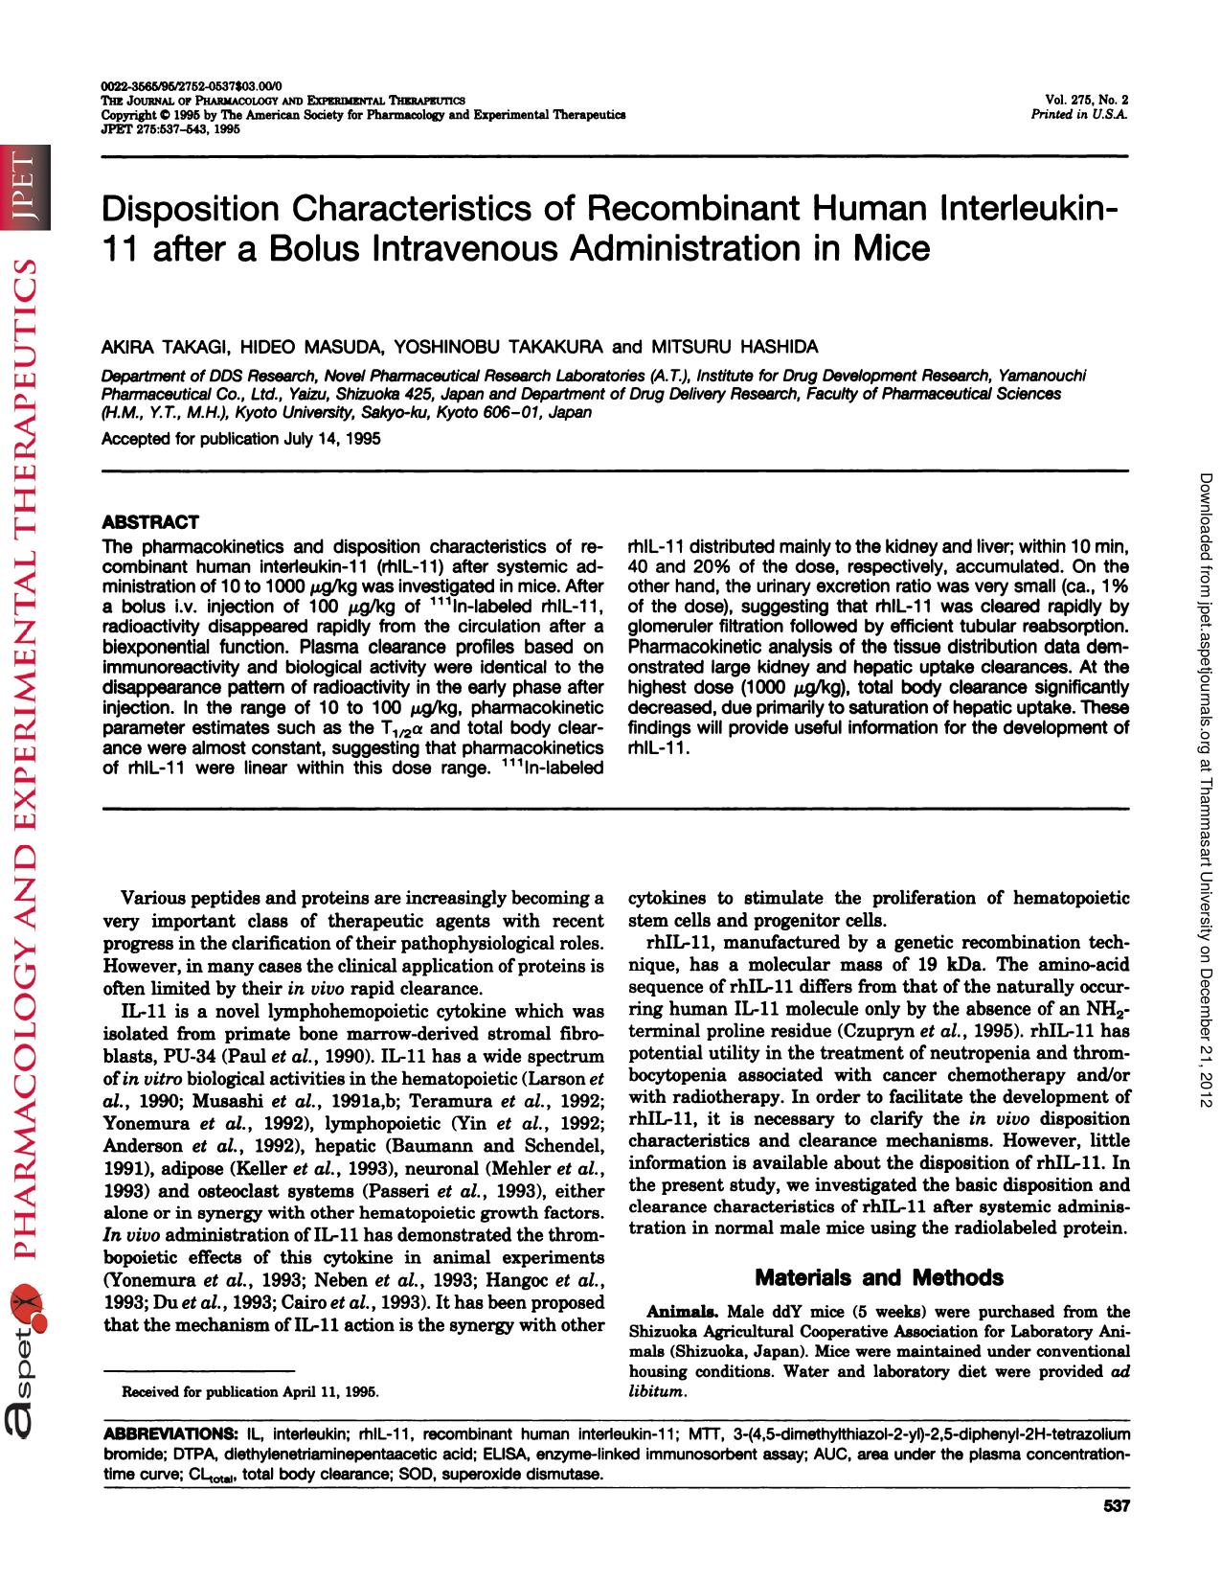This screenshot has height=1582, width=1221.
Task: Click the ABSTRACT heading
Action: pyautogui.click(x=150, y=522)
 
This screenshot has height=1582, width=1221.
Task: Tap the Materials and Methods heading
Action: pyautogui.click(x=878, y=1277)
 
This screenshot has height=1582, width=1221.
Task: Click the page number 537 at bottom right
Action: pyautogui.click(x=1117, y=1506)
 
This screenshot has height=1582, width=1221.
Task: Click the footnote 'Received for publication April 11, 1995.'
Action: pyautogui.click(x=249, y=1391)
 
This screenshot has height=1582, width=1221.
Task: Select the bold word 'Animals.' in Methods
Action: pyautogui.click(x=684, y=1311)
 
